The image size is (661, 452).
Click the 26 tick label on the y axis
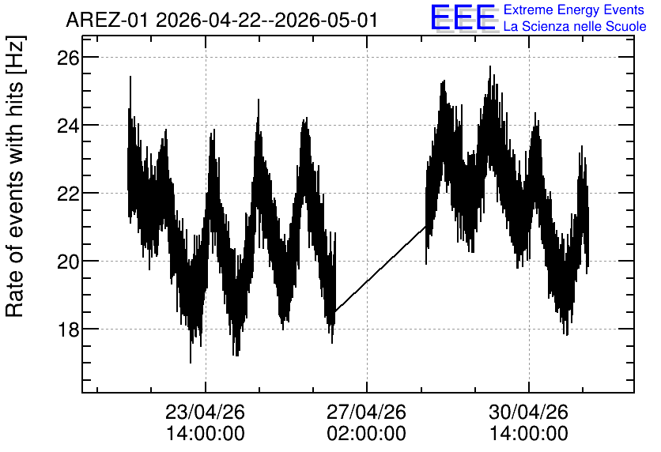tap(68, 57)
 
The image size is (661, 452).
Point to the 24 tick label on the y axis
tap(68, 125)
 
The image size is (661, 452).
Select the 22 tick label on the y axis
tap(68, 194)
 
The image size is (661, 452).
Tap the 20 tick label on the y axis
tap(68, 262)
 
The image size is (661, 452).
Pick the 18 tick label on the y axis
tap(68, 329)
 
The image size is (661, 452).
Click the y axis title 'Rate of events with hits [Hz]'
tap(15, 176)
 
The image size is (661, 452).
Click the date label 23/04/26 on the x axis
tap(206, 412)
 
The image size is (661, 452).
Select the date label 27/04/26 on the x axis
tap(367, 412)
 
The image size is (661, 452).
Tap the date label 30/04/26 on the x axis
tap(529, 412)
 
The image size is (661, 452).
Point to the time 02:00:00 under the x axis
tap(367, 434)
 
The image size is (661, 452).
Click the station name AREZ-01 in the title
tap(107, 20)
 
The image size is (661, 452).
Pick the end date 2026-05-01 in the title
tap(326, 20)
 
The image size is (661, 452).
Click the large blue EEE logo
tap(463, 17)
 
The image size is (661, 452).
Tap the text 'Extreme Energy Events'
tap(574, 9)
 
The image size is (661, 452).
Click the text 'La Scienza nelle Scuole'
tap(575, 27)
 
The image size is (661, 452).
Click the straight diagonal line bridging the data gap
tap(380, 269)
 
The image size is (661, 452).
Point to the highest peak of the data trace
tap(490, 66)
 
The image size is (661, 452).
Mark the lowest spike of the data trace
tap(191, 361)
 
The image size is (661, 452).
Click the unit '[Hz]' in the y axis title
tap(16, 55)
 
